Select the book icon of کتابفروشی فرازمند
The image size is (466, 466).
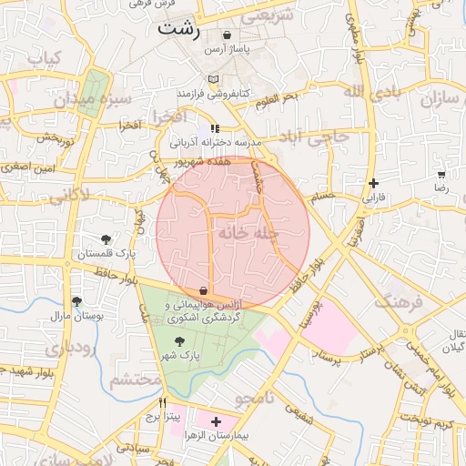(213, 80)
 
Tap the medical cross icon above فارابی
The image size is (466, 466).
(373, 183)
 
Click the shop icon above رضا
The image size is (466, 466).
(441, 173)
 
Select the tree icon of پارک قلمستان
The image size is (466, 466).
(106, 240)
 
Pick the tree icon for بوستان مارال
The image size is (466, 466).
(76, 301)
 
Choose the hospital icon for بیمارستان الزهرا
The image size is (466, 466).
(216, 422)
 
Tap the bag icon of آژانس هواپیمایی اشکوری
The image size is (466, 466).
(215, 290)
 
